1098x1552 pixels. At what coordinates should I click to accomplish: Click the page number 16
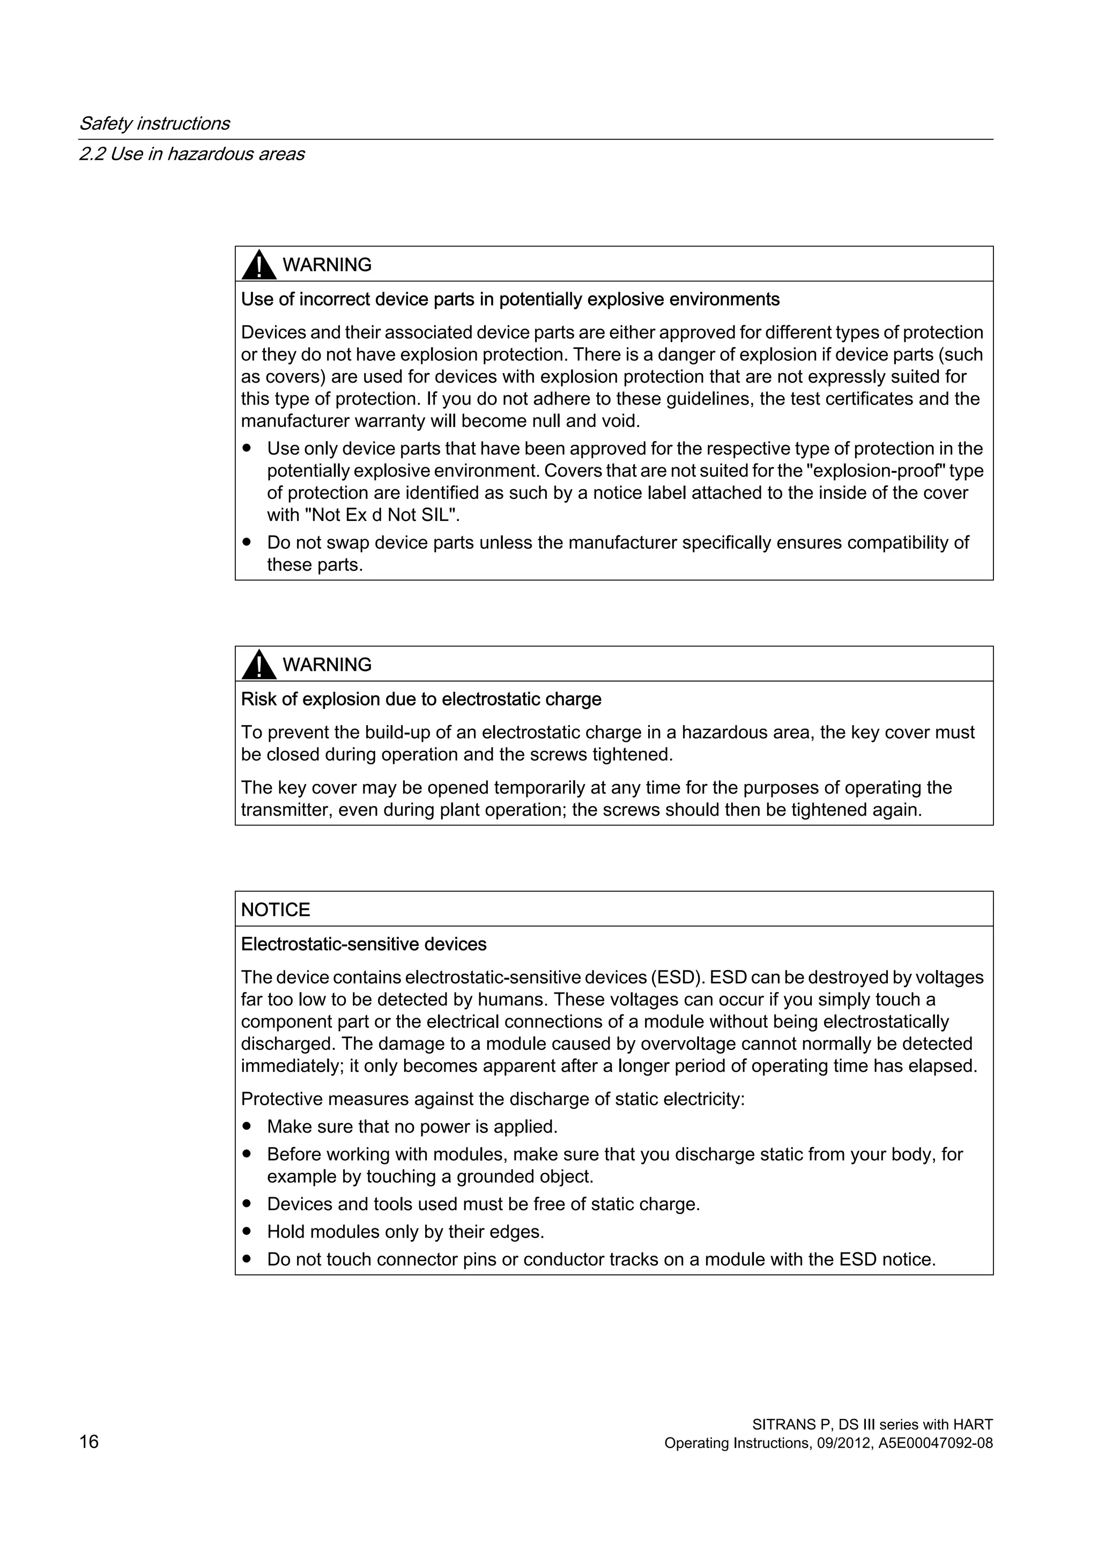(x=88, y=1442)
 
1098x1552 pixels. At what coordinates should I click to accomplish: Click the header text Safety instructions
(x=154, y=124)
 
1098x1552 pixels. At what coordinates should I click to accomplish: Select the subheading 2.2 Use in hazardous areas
(x=191, y=154)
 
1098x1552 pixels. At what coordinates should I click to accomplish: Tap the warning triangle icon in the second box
(x=258, y=665)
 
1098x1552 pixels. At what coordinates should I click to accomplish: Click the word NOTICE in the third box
(x=275, y=910)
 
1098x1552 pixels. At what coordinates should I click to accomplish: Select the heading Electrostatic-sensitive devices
(x=363, y=944)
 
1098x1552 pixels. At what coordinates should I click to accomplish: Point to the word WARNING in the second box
(x=327, y=665)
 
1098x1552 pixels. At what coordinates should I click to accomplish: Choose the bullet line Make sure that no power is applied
(x=412, y=1127)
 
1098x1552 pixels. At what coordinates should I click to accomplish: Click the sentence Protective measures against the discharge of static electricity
(x=492, y=1099)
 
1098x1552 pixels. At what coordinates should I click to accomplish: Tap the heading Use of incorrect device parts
(x=510, y=300)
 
